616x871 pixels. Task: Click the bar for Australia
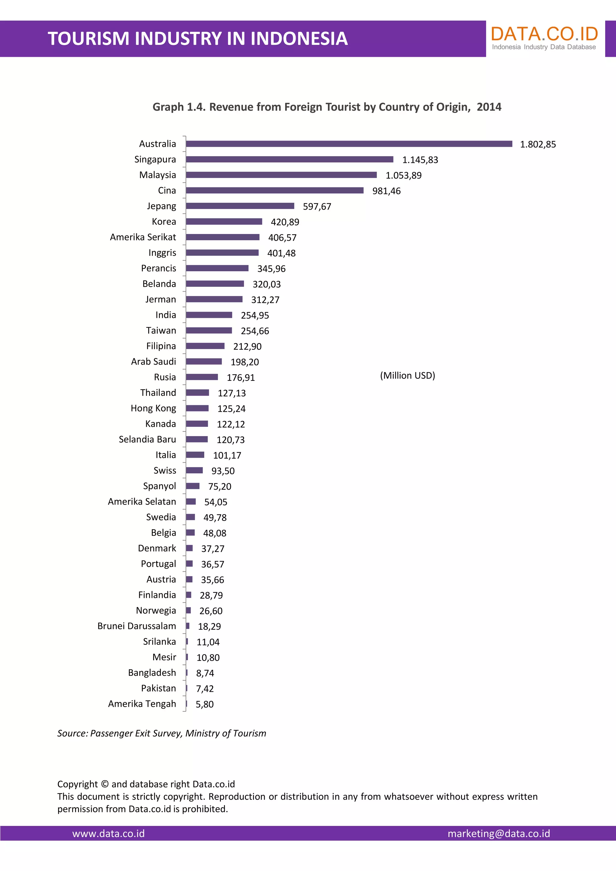click(x=349, y=144)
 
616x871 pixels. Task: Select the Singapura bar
click(x=289, y=159)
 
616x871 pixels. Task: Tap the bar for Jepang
click(x=240, y=206)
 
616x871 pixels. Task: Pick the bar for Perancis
click(x=217, y=268)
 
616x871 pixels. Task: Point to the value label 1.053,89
click(x=403, y=176)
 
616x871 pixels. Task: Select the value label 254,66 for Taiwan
click(x=254, y=331)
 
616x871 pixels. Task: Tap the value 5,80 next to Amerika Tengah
click(x=205, y=704)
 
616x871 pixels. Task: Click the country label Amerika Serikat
click(x=143, y=237)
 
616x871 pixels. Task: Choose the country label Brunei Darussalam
click(x=137, y=626)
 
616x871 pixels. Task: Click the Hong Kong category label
click(x=153, y=408)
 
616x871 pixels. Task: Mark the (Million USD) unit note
click(x=407, y=376)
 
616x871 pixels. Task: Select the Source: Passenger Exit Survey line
click(x=162, y=733)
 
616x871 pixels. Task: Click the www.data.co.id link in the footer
click(x=109, y=833)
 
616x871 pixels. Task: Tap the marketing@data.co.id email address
click(x=498, y=833)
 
